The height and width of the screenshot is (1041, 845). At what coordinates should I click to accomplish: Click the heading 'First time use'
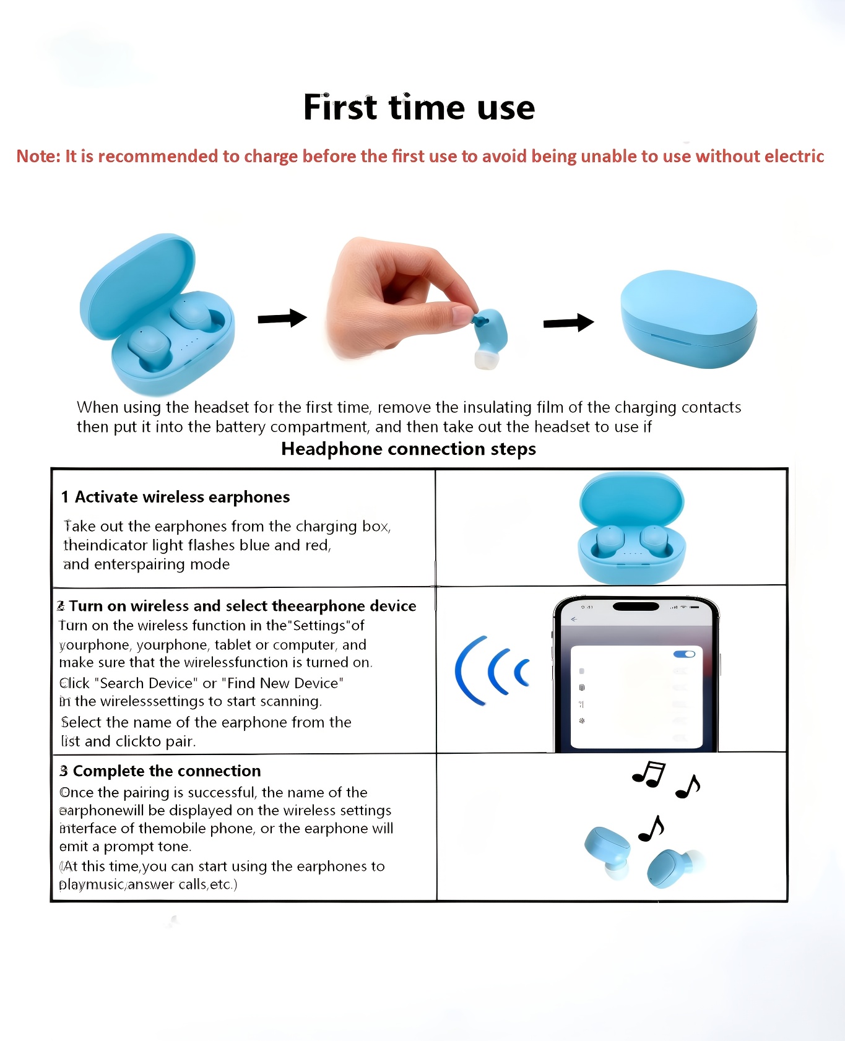419,108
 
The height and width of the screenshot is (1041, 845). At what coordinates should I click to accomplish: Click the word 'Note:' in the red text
38,156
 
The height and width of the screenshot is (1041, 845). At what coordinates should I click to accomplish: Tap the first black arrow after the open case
282,318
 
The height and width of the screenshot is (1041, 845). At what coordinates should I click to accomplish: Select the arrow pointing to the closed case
568,322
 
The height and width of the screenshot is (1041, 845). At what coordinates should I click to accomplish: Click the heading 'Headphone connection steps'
409,449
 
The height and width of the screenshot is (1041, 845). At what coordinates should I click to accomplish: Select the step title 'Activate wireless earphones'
183,497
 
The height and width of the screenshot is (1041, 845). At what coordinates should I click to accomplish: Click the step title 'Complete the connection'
167,771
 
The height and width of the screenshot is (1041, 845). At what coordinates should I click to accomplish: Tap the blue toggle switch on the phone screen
684,654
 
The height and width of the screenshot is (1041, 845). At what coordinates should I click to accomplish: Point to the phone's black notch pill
636,607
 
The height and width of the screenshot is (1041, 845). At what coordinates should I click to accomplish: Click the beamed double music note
649,774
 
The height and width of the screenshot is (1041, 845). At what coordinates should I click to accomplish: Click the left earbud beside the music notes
608,852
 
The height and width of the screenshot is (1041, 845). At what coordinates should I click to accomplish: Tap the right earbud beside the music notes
674,868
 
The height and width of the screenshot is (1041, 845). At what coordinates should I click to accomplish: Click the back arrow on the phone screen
574,619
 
